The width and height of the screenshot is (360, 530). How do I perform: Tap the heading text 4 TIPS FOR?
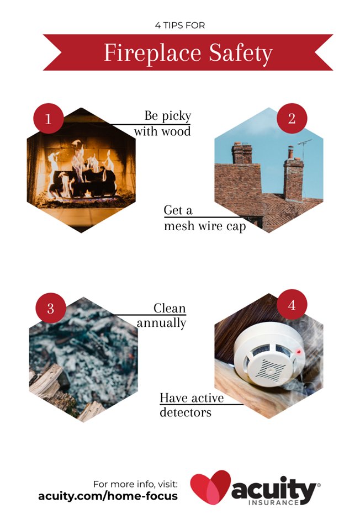(180, 25)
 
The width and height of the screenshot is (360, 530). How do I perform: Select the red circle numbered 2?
(292, 118)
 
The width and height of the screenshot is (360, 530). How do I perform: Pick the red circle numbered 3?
(50, 308)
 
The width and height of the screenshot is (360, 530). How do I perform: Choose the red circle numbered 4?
(292, 304)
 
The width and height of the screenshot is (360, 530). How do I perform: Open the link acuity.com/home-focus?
(108, 496)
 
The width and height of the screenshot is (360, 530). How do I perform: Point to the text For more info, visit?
(135, 483)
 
